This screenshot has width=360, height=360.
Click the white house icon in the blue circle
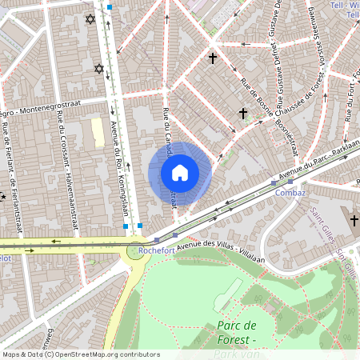[180, 173]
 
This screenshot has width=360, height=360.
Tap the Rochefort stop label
[155, 250]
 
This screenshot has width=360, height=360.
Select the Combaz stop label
[290, 193]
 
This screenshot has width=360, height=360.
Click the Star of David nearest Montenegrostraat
[100, 69]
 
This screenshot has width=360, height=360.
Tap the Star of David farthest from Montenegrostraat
[90, 18]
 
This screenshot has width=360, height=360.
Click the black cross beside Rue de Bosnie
[243, 114]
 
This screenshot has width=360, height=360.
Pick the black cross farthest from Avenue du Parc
[213, 58]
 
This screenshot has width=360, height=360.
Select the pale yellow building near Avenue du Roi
[98, 133]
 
